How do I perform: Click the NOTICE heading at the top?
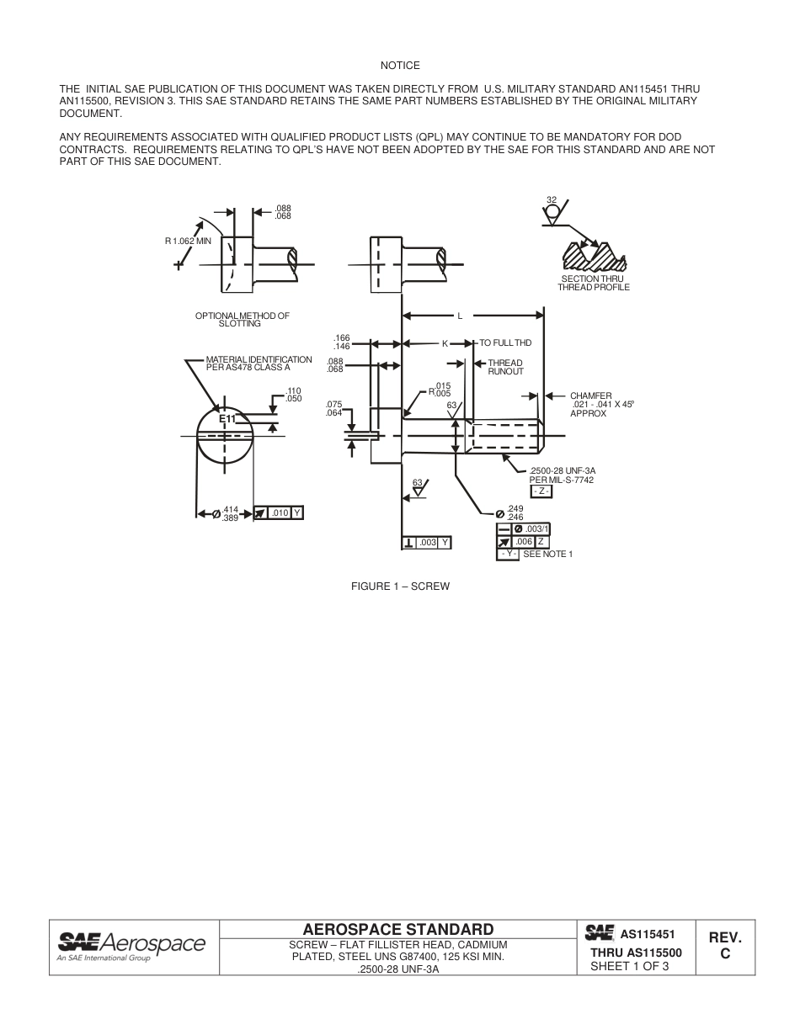pyautogui.click(x=400, y=66)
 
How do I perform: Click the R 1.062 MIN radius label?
pyautogui.click(x=188, y=241)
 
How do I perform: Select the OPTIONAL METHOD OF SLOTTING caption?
pyautogui.click(x=242, y=319)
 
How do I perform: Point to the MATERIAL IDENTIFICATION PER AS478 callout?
pyautogui.click(x=259, y=364)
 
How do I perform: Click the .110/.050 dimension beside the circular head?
pyautogui.click(x=293, y=395)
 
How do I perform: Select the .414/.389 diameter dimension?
pyautogui.click(x=229, y=515)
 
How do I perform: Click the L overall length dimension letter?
pyautogui.click(x=460, y=316)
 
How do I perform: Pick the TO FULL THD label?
pyautogui.click(x=505, y=343)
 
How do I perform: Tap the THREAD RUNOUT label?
pyautogui.click(x=505, y=367)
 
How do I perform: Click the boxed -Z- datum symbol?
pyautogui.click(x=541, y=491)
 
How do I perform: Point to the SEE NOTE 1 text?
pyautogui.click(x=547, y=554)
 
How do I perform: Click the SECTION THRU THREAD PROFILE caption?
pyautogui.click(x=593, y=283)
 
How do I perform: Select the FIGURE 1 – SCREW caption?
pyautogui.click(x=400, y=586)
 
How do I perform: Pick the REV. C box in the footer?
pyautogui.click(x=724, y=946)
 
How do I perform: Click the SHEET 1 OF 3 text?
pyautogui.click(x=629, y=966)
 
